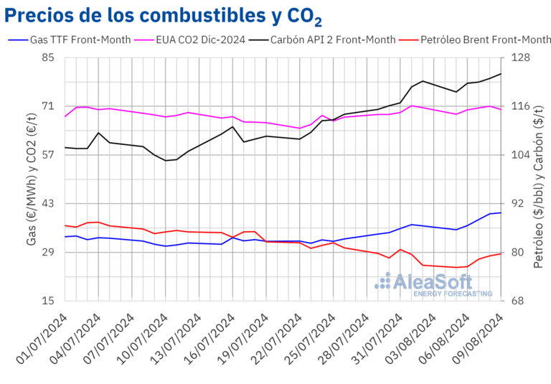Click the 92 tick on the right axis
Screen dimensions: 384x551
pos(519,204)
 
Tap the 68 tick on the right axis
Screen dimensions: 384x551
pos(519,301)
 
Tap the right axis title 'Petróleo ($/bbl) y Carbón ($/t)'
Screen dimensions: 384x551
pos(539,179)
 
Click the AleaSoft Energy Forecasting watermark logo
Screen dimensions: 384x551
pos(433,284)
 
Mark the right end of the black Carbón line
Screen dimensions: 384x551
pos(501,74)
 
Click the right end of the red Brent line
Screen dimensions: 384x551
pos(501,253)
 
